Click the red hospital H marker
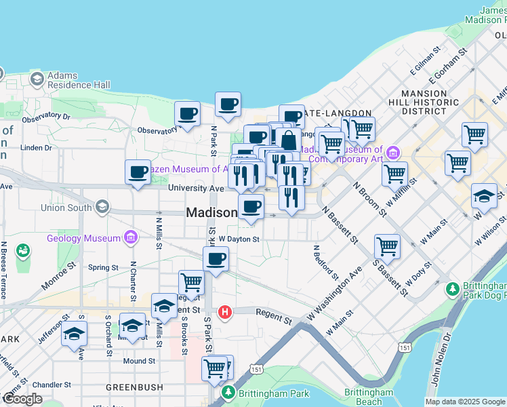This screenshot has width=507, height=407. click(226, 313)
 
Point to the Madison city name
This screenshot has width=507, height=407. click(211, 212)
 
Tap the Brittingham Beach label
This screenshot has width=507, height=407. click(368, 397)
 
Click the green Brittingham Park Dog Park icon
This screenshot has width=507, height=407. click(453, 289)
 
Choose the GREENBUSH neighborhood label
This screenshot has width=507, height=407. click(134, 387)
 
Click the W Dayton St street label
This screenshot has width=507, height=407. click(239, 239)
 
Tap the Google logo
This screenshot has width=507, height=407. click(22, 399)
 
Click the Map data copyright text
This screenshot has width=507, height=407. click(465, 402)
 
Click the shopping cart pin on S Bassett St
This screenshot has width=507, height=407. click(387, 246)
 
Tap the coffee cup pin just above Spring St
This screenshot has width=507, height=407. click(216, 259)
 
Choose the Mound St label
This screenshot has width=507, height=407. click(139, 361)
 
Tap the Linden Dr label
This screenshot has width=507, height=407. click(36, 147)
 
